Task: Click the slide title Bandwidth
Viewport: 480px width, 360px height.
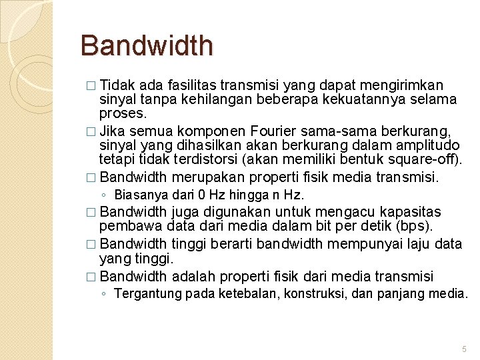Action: tap(147, 46)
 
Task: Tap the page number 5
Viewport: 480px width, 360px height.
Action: tap(465, 349)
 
